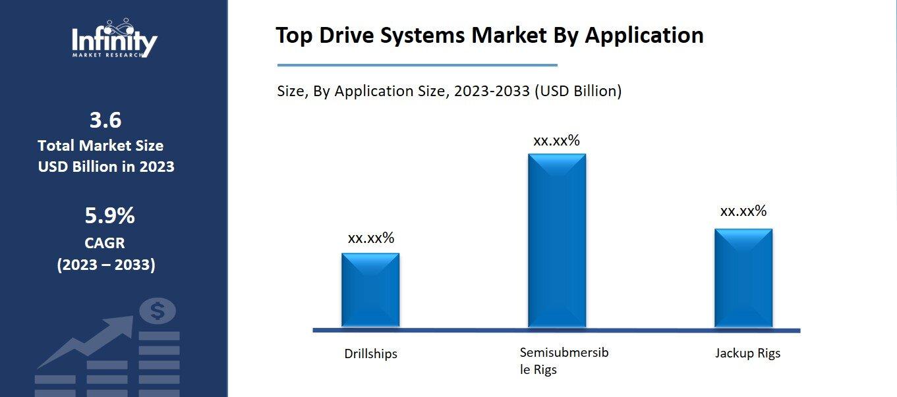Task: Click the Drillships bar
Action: click(370, 290)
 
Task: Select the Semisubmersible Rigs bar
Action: click(556, 240)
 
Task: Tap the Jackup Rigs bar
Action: click(743, 278)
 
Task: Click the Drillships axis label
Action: click(370, 354)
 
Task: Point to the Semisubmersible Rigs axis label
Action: click(564, 361)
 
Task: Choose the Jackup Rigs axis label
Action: click(747, 353)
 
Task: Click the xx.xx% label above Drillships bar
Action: click(370, 238)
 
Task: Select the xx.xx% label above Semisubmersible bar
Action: click(556, 140)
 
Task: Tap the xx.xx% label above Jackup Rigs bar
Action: click(743, 211)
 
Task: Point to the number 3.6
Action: click(105, 120)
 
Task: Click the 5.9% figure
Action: click(109, 215)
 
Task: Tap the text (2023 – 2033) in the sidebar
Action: click(105, 265)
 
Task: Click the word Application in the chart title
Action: click(644, 36)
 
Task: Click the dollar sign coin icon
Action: click(157, 311)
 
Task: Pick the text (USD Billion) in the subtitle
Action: click(577, 91)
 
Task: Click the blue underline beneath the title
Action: click(417, 65)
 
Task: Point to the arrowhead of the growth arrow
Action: click(124, 323)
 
